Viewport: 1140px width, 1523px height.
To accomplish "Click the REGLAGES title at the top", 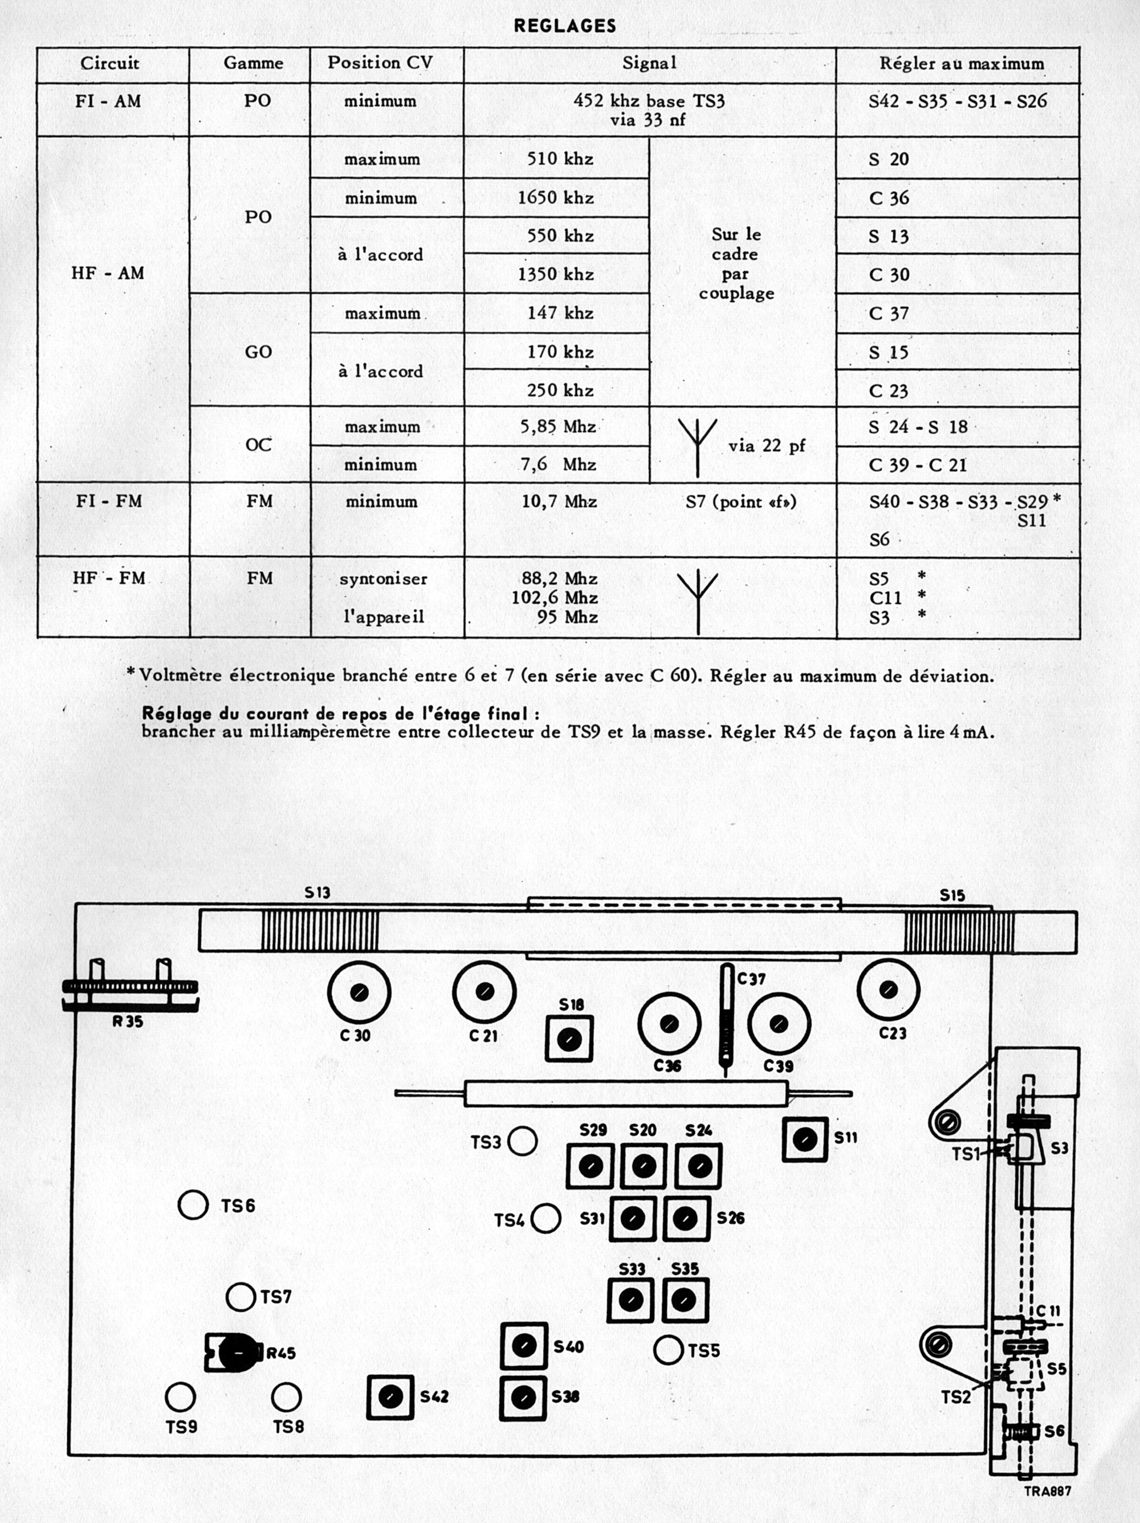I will pos(564,26).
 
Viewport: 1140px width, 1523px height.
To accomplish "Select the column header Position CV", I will pos(380,63).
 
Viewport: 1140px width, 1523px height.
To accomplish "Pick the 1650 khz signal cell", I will pos(556,198).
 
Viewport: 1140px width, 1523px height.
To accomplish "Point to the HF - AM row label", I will pos(108,274).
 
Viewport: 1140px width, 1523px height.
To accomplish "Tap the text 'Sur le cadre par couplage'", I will pos(736,264).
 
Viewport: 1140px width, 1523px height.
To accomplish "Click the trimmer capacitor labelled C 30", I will pos(359,992).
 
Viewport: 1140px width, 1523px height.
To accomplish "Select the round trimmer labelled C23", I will pos(888,991).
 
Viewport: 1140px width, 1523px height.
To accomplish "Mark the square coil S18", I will pos(569,1040).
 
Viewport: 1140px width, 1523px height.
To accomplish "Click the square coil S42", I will pos(390,1397).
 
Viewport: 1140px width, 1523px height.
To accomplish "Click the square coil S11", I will pos(804,1139).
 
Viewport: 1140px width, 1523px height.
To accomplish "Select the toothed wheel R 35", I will pos(129,987).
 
